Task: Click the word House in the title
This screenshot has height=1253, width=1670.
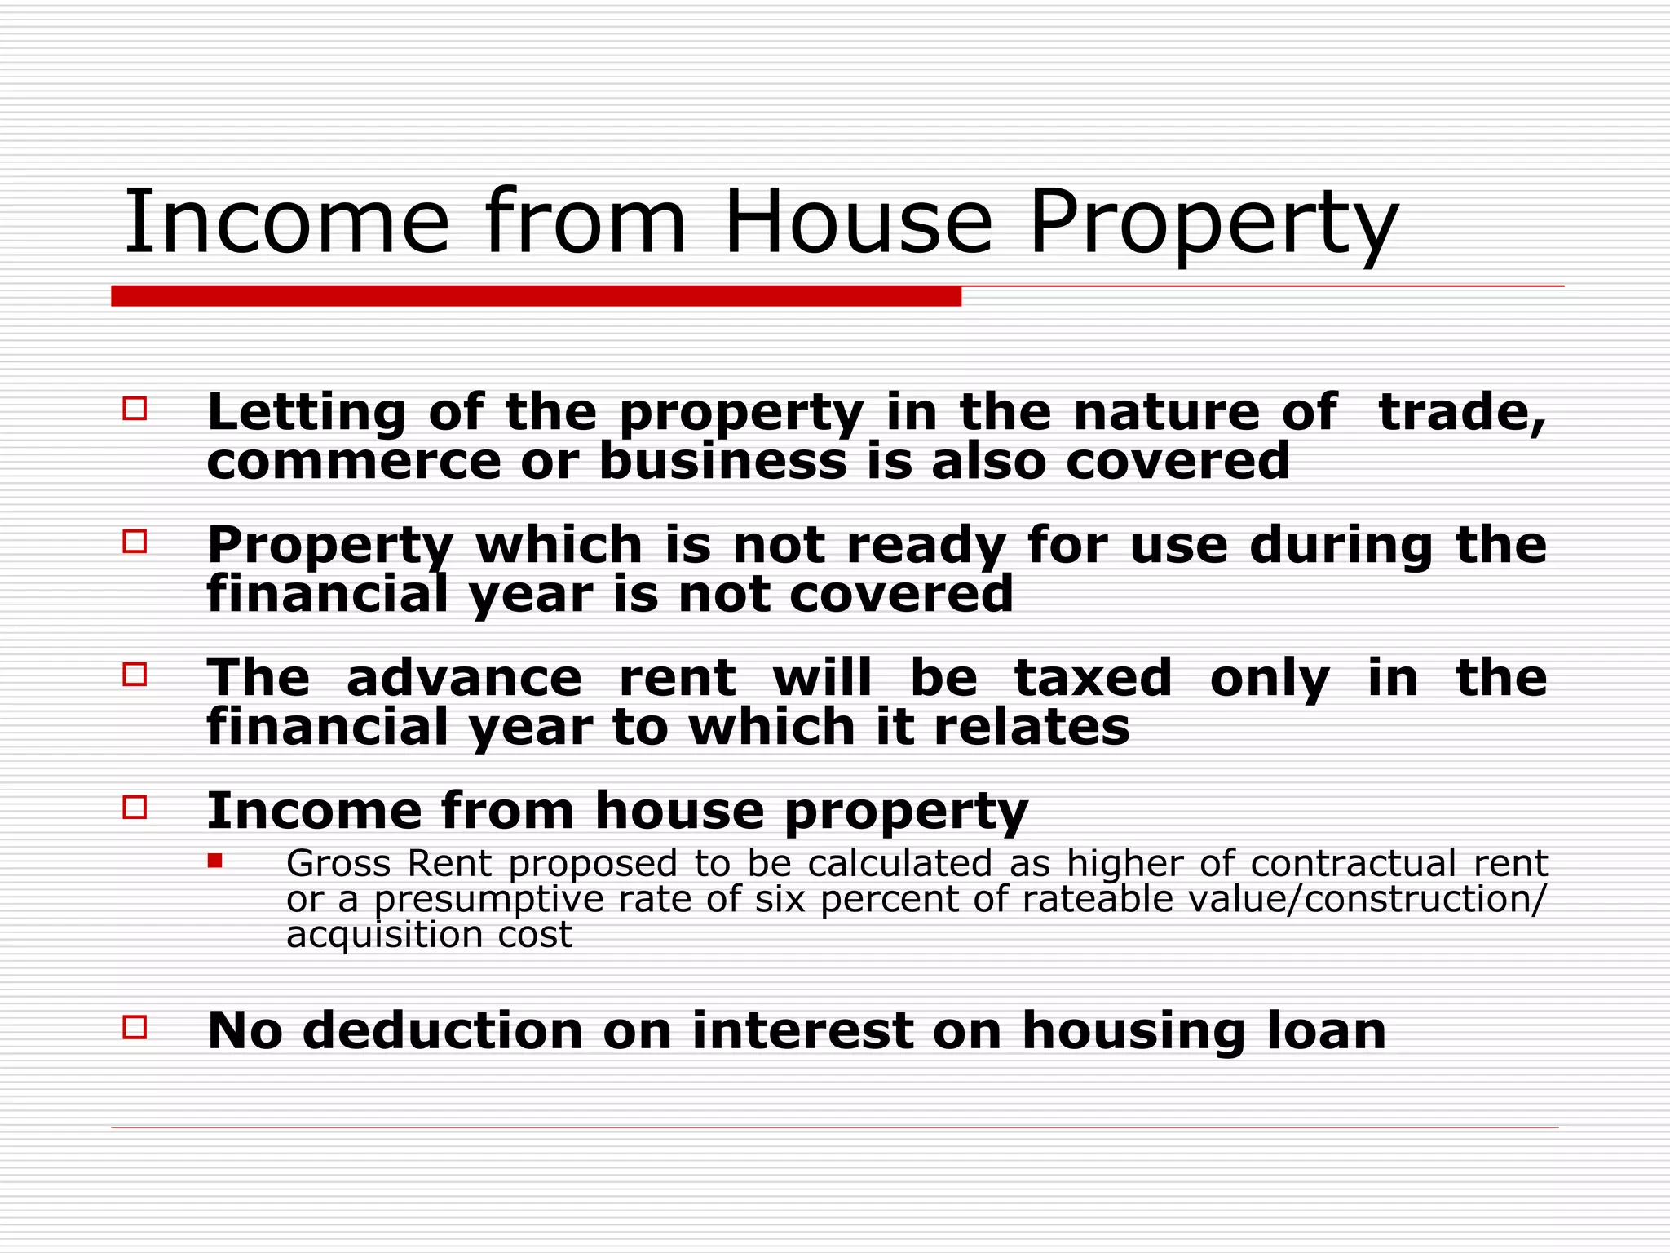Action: [x=858, y=222]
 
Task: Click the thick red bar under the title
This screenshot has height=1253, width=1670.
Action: [x=536, y=296]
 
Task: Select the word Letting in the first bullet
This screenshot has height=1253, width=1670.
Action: [x=306, y=413]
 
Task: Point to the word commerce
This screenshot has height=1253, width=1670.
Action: [x=354, y=462]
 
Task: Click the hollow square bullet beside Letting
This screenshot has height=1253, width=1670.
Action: [x=135, y=409]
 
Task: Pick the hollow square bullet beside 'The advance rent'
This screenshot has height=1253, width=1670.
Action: [x=135, y=675]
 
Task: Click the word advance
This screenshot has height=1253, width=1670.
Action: [x=464, y=678]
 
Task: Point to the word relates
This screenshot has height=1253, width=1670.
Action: [x=1032, y=727]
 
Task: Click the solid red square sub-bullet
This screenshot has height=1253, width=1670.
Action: [x=215, y=860]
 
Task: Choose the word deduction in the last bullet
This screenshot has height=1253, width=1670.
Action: [x=443, y=1030]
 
